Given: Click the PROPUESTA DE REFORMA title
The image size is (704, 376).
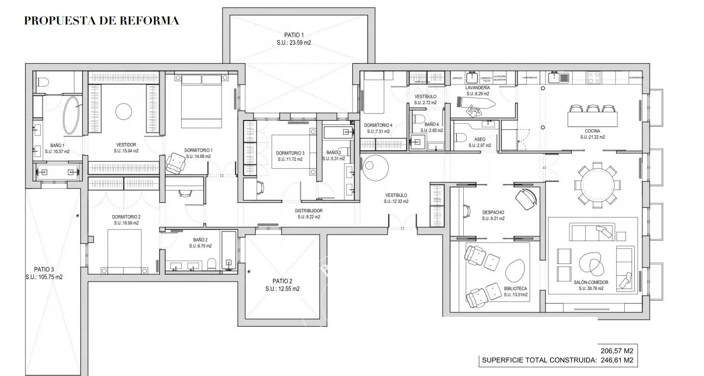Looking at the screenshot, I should (101, 21).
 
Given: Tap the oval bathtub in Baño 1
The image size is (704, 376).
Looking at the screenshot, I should (72, 116).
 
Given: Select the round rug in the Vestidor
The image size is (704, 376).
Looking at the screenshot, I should (124, 111).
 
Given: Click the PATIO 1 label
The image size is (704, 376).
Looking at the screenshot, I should (294, 35).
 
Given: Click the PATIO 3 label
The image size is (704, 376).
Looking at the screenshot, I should (44, 269).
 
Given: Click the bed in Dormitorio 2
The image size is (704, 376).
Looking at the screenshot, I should (124, 251).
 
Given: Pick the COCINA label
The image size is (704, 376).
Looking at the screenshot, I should (592, 131).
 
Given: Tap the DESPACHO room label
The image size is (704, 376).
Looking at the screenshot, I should (494, 212).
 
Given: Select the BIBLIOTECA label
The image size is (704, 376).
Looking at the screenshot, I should (516, 289).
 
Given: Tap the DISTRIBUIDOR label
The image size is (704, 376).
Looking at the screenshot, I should (309, 210).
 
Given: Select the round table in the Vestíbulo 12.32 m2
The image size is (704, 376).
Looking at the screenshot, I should (375, 166).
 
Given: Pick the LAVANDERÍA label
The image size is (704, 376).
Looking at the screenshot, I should (478, 88).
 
